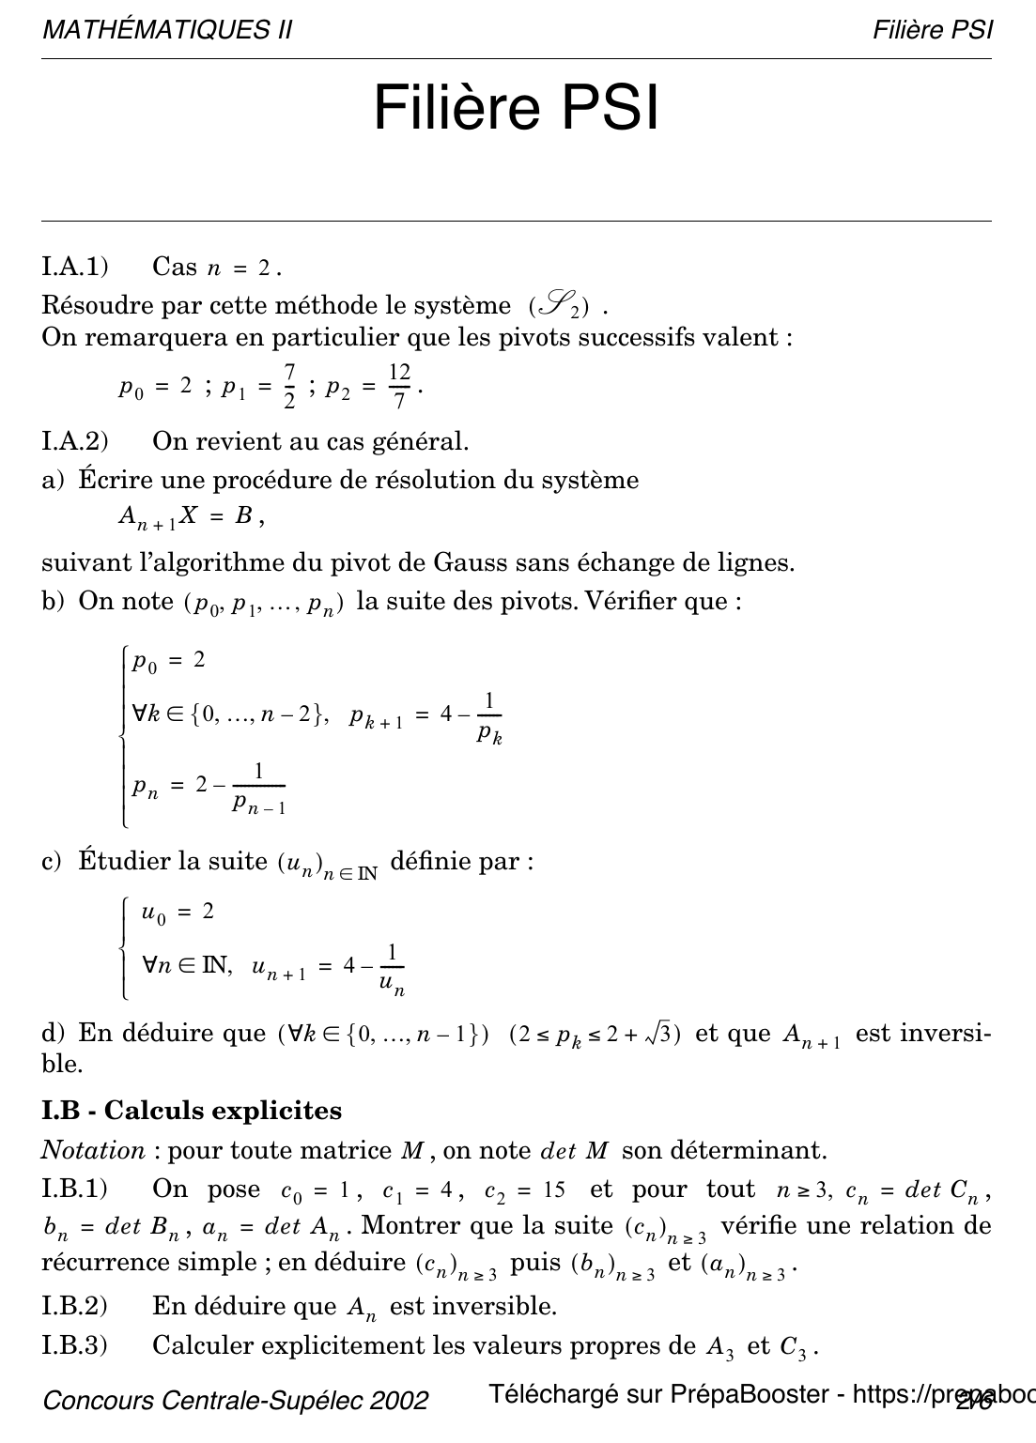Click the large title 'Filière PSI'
click(x=517, y=109)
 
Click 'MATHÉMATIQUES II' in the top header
click(x=167, y=30)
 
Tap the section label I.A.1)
click(x=75, y=267)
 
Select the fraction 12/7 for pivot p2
click(x=399, y=386)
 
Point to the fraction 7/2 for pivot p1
click(x=288, y=386)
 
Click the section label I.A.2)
click(x=75, y=440)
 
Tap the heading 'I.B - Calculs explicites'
click(x=192, y=1111)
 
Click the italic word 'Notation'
click(x=93, y=1150)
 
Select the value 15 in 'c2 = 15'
click(x=553, y=1190)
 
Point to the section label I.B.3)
click(x=75, y=1345)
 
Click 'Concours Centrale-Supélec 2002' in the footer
click(x=236, y=1401)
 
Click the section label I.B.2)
click(x=75, y=1306)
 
